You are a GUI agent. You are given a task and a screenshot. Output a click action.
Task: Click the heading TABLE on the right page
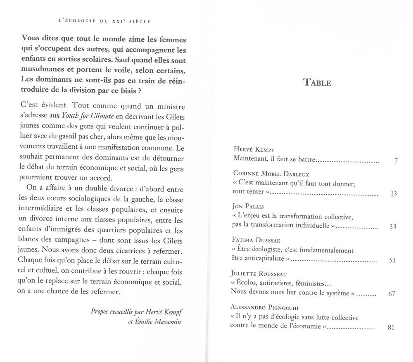point(317,82)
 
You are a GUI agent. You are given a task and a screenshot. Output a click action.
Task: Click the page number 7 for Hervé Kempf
point(395,161)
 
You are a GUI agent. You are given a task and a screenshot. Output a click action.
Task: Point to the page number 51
point(393,260)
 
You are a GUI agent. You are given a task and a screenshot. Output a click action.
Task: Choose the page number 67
point(392,294)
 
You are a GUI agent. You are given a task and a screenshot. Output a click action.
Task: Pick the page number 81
point(392,328)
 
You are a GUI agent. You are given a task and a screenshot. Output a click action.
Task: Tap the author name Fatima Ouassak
point(259,240)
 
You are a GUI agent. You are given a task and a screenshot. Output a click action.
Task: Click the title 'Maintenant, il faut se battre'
point(274,159)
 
